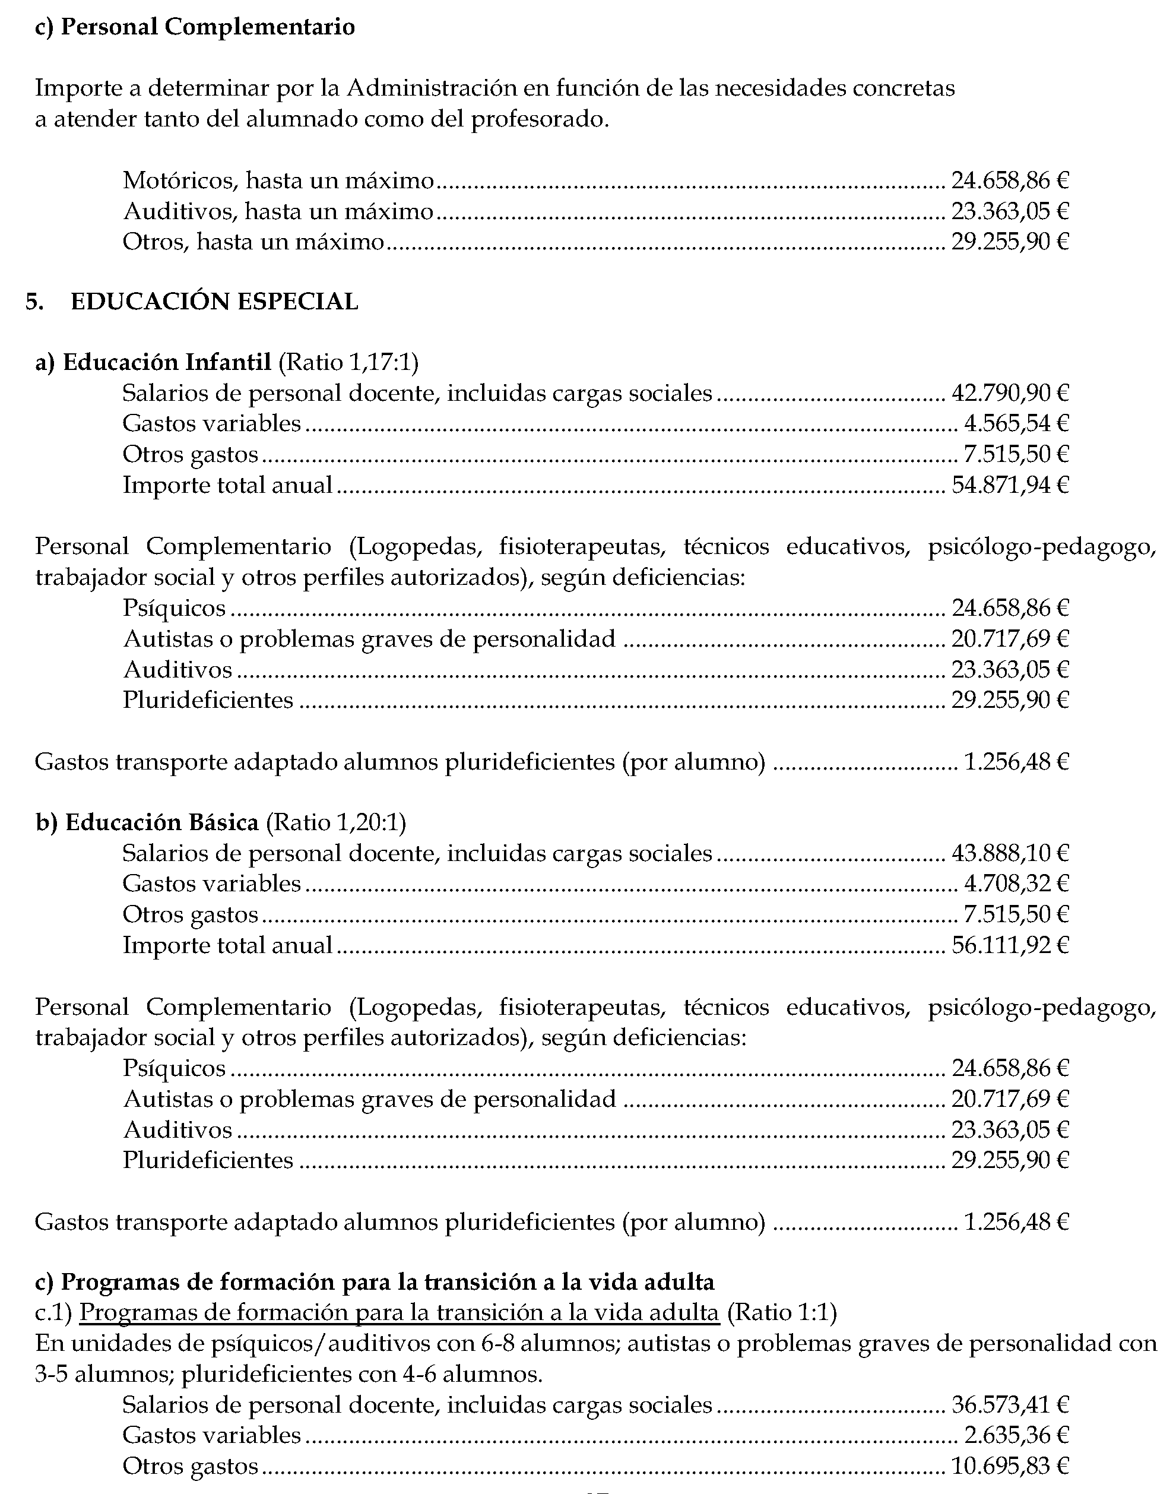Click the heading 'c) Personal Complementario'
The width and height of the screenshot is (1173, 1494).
195,27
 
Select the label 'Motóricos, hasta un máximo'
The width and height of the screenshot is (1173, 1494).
278,181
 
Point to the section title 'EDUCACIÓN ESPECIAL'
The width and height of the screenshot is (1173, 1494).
214,302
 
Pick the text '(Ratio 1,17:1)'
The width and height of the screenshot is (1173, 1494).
348,362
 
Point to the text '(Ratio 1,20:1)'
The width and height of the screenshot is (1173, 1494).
336,822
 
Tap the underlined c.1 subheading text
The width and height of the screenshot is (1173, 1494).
399,1313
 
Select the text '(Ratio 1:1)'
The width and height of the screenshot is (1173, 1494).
782,1313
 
